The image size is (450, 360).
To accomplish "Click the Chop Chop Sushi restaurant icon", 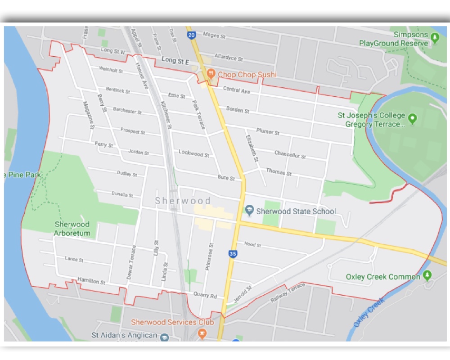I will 210,74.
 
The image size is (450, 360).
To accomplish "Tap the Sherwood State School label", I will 296,211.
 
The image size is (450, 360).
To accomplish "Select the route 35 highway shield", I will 232,254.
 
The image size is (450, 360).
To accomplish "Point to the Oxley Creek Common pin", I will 427,275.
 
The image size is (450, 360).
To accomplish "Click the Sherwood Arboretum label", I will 72,229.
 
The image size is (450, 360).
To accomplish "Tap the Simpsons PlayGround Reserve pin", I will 435,37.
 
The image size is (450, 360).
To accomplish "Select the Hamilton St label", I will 91,281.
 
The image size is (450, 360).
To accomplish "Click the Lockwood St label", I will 193,153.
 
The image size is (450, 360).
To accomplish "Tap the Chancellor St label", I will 290,155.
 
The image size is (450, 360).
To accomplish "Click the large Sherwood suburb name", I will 183,201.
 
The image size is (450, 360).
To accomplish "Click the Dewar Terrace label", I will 130,262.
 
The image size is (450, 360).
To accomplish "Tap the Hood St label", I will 252,244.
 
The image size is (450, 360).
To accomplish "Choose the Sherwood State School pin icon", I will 249,210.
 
